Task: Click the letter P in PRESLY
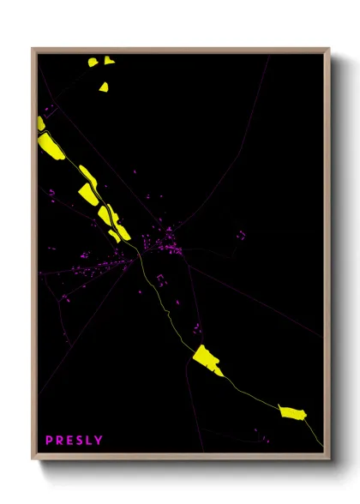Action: [x=49, y=441]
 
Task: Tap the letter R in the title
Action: [x=60, y=441]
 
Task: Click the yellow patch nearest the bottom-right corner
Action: [x=293, y=414]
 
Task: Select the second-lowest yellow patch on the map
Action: [x=207, y=359]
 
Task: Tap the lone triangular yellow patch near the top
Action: [x=104, y=87]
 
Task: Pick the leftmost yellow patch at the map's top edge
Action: [x=93, y=62]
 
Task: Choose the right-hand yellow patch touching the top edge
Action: [x=109, y=60]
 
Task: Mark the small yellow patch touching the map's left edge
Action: [x=40, y=123]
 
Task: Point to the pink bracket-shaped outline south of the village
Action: [x=159, y=279]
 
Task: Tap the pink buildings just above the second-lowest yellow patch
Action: [x=197, y=328]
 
